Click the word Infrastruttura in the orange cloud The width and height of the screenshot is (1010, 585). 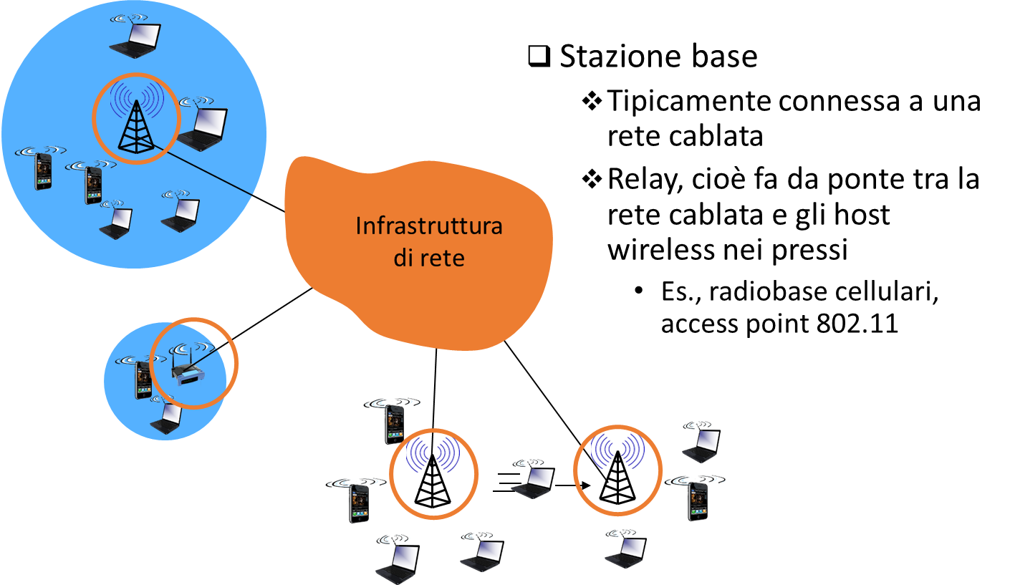[429, 226]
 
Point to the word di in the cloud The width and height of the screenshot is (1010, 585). [401, 258]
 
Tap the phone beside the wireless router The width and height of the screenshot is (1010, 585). [143, 379]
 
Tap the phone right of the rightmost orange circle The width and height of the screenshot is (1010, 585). [698, 499]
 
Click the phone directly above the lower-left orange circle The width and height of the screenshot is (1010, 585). [394, 422]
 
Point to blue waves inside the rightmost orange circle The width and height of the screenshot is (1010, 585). [617, 450]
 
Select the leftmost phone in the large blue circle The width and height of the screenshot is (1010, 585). [44, 170]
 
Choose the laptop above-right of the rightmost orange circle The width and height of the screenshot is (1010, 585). [702, 445]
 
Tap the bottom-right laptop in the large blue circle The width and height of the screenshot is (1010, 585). [181, 216]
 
